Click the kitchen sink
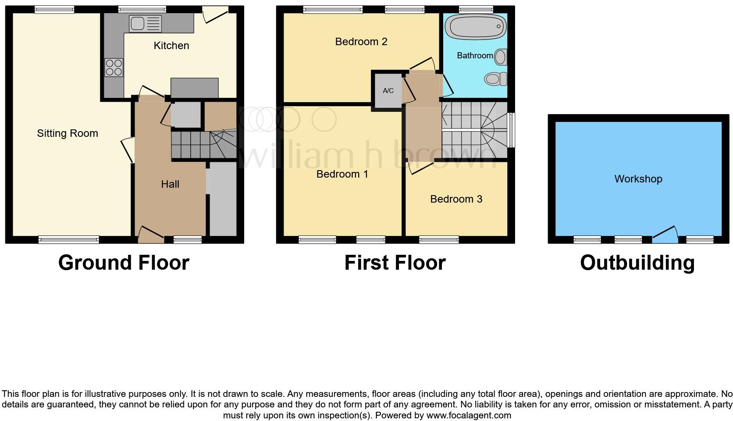pos(145,23)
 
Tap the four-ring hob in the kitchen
pos(114,68)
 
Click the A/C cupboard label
pos(388,91)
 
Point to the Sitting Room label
pos(68,133)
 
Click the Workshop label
pos(638,179)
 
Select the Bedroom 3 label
pos(456,199)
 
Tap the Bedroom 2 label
pos(361,42)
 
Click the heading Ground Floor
pos(124,263)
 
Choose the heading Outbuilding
pos(637,263)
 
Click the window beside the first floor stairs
pos(511,130)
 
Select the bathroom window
pos(476,9)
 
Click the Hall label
pos(170,184)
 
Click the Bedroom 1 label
pos(342,174)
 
